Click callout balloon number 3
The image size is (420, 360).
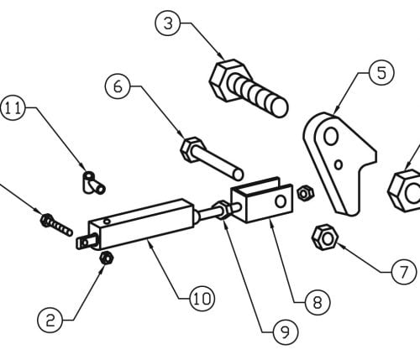[x=168, y=23]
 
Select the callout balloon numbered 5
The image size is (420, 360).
[x=381, y=73]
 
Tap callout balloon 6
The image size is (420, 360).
[x=118, y=86]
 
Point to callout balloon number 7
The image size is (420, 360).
[x=403, y=271]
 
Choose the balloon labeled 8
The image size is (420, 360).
[x=318, y=302]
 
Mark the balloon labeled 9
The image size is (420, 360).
[x=286, y=332]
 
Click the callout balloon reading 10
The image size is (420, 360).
[x=202, y=299]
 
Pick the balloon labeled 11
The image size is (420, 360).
[x=13, y=107]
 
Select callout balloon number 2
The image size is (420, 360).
[x=50, y=321]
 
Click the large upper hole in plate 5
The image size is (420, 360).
[x=331, y=136]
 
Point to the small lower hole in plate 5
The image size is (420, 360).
[x=339, y=164]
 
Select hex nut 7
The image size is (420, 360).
[x=325, y=237]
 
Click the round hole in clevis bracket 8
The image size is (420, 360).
[x=281, y=201]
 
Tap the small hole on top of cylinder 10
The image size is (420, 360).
[x=107, y=222]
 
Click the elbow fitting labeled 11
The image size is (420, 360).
[x=93, y=183]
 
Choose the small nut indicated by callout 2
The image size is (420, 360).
[x=107, y=258]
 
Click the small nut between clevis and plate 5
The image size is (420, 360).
[x=305, y=193]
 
